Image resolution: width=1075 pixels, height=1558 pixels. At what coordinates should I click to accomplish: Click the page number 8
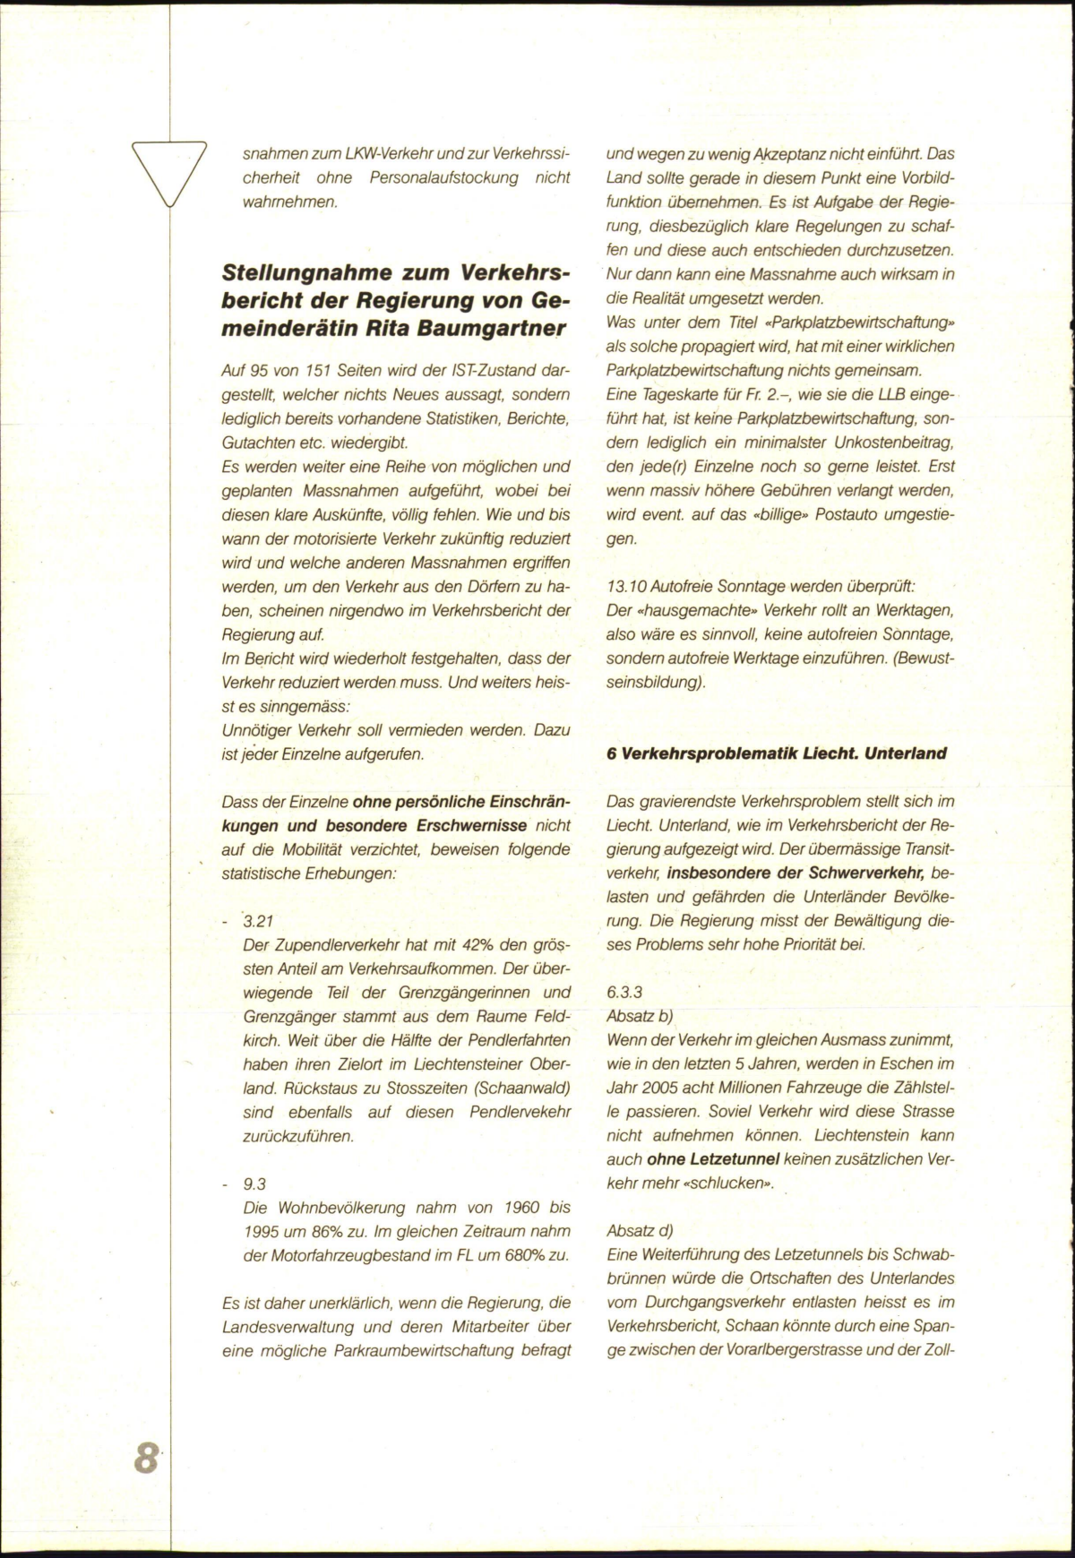click(146, 1458)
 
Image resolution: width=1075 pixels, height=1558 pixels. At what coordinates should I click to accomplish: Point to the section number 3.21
click(260, 921)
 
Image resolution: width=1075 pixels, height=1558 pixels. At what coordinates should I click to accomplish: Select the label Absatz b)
click(640, 1016)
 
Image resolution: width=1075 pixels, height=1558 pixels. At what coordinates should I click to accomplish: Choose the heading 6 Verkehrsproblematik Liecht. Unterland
click(776, 753)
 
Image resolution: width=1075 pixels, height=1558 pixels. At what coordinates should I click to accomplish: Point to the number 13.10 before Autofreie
click(627, 586)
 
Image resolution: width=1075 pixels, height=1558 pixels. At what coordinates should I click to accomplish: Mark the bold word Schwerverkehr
click(860, 872)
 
